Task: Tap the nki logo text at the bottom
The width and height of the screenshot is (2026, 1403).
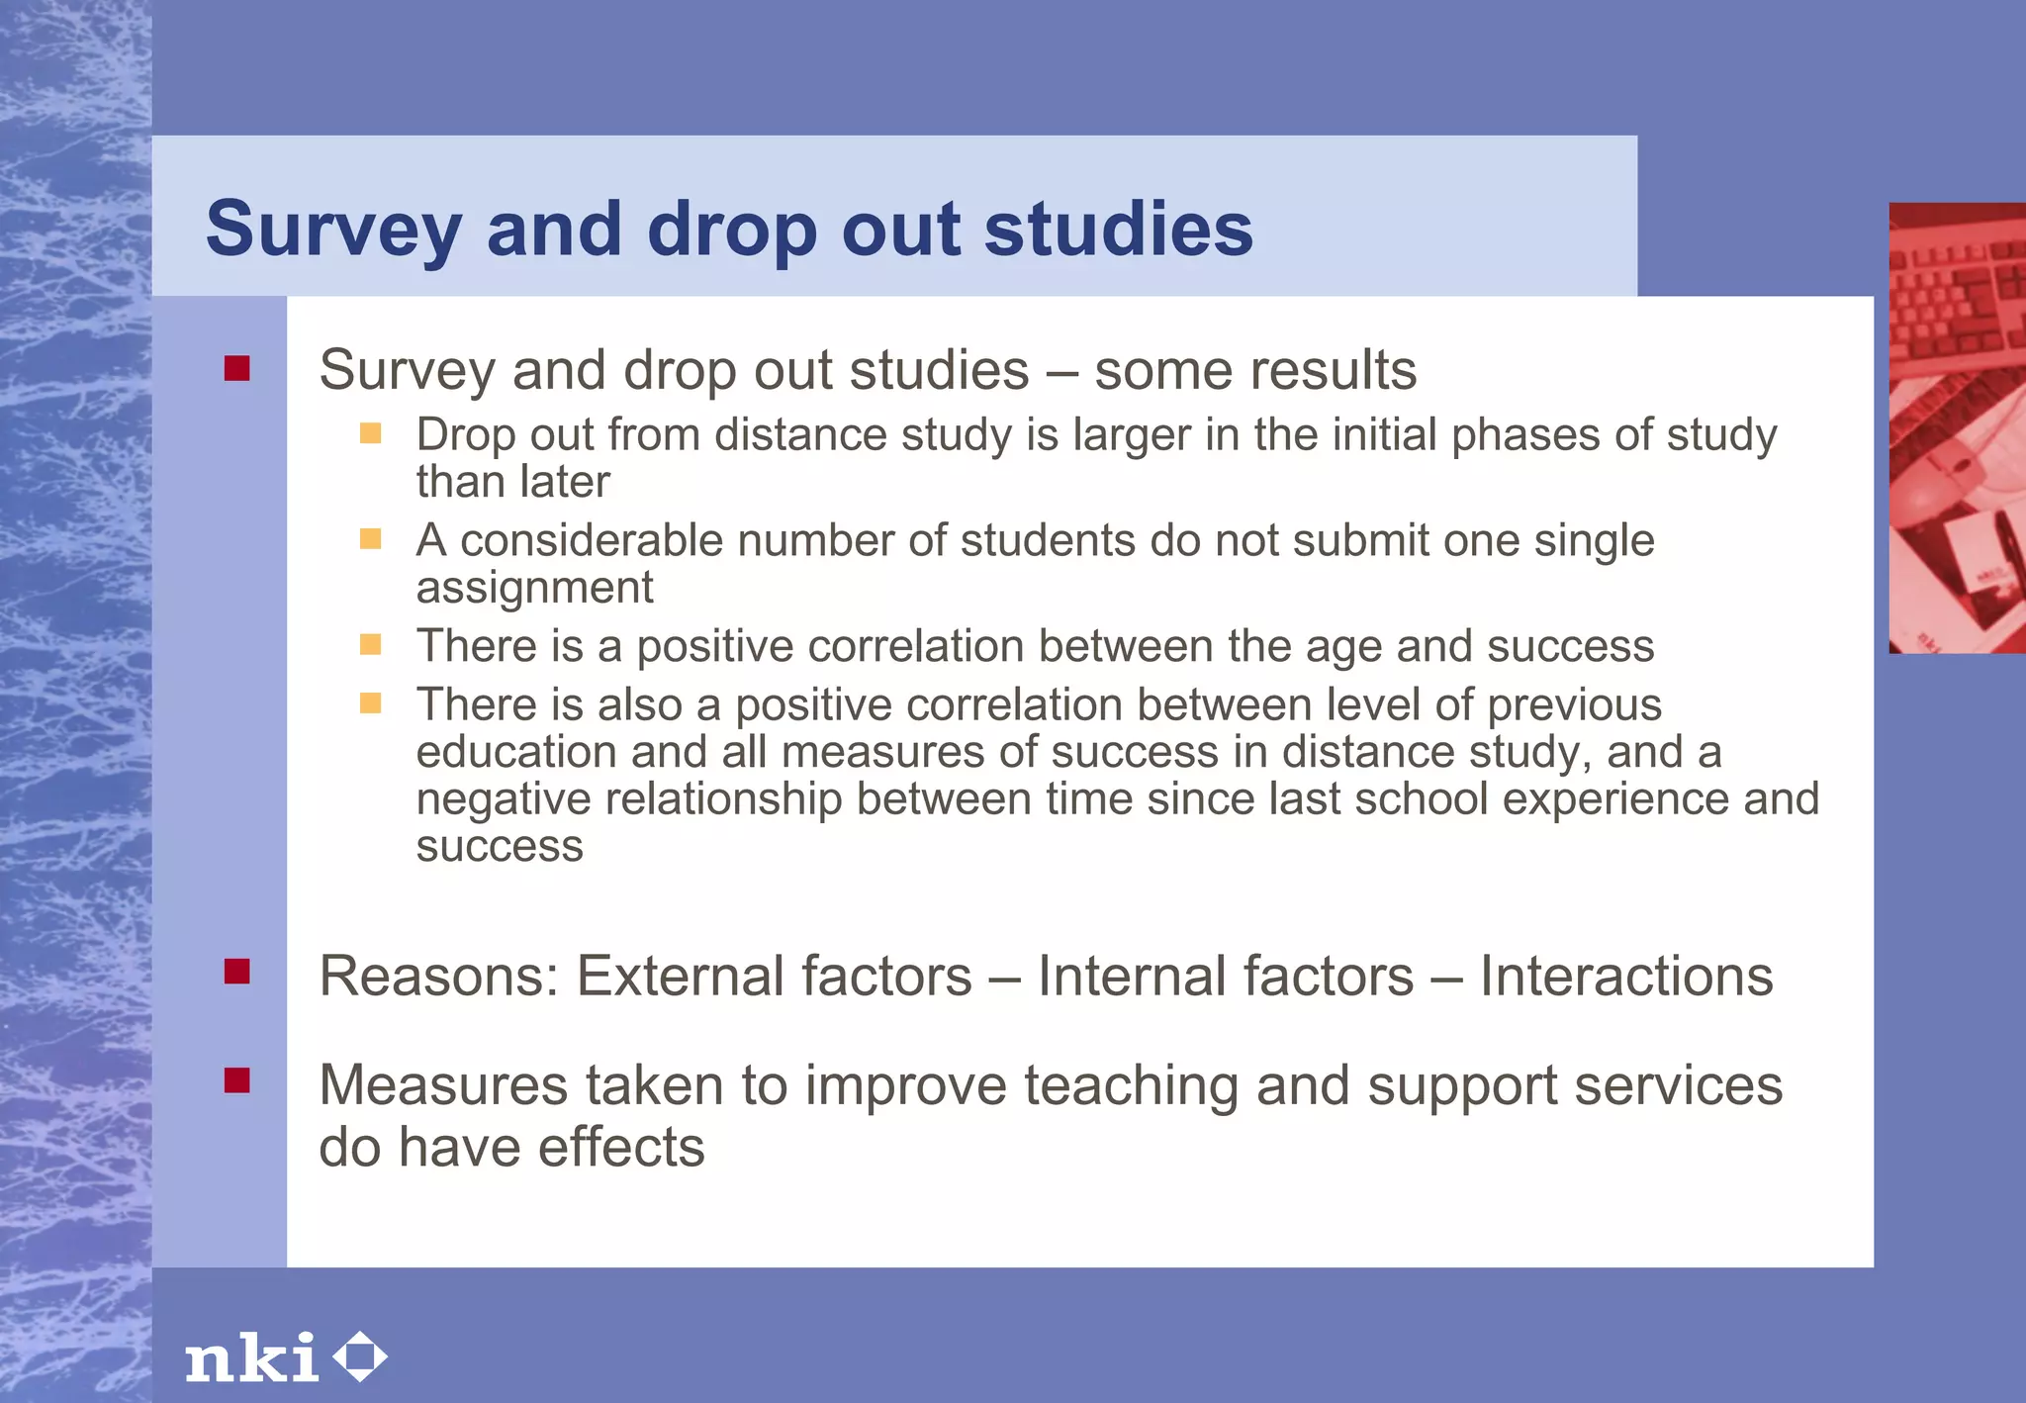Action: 252,1357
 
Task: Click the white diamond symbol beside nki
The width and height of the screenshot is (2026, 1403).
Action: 359,1356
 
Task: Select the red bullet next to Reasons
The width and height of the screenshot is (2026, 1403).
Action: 236,972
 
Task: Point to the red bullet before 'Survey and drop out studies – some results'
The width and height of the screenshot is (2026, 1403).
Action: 236,369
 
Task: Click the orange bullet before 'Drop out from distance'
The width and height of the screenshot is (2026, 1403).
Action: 370,433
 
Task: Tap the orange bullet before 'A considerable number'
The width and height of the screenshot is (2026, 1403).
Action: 370,538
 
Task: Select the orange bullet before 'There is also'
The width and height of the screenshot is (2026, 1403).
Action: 370,702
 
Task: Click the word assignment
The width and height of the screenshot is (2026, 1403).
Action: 534,589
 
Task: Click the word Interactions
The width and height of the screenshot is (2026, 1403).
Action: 1625,977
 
